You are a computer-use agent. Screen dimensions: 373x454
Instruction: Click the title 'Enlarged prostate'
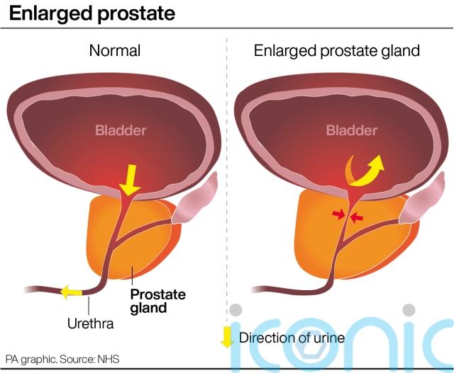click(x=92, y=13)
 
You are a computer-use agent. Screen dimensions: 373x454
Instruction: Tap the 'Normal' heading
click(x=115, y=51)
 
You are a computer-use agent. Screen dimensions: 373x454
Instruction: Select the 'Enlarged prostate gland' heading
click(x=337, y=51)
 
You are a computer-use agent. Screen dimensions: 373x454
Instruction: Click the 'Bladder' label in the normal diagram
click(x=121, y=130)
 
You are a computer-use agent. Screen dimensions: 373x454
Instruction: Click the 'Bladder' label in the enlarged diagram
click(x=351, y=130)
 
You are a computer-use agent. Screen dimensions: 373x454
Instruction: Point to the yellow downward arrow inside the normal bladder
click(x=130, y=180)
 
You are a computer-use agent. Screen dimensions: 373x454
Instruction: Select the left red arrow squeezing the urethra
click(x=339, y=213)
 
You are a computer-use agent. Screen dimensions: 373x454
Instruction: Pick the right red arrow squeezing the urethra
click(x=357, y=217)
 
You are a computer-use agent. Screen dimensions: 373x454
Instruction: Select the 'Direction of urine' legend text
click(x=292, y=338)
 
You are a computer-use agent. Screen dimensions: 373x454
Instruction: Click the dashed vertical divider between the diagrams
click(x=226, y=177)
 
